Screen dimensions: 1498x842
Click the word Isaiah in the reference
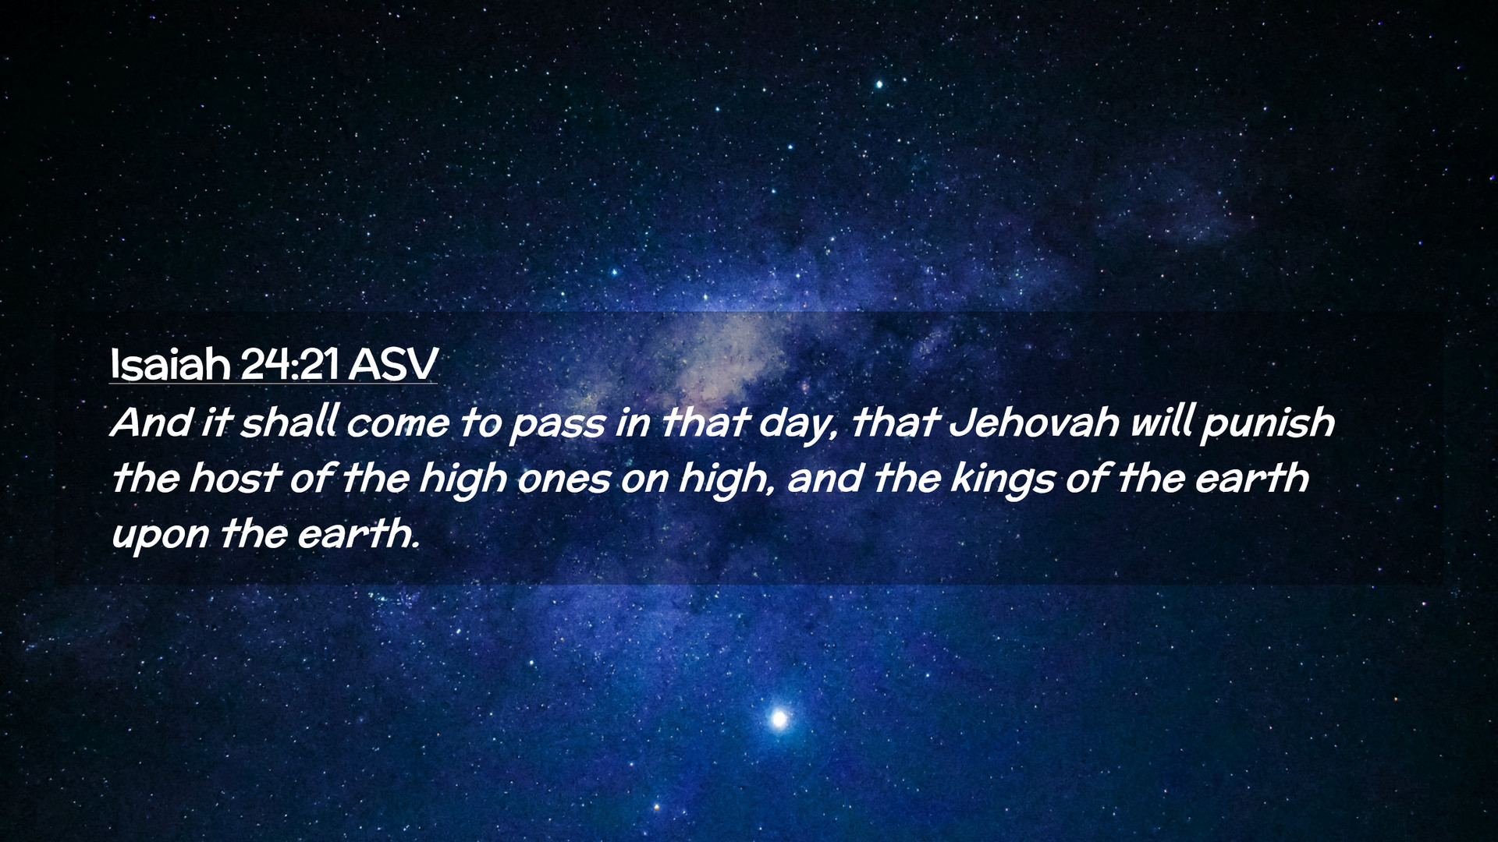[x=170, y=363]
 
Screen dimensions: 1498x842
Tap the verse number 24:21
[x=290, y=364]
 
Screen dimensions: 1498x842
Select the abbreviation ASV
[x=393, y=364]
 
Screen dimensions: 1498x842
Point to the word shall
[x=289, y=423]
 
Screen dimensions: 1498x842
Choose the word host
[x=233, y=478]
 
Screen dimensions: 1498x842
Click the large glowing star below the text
[x=778, y=718]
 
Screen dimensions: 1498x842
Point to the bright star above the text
[x=879, y=83]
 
